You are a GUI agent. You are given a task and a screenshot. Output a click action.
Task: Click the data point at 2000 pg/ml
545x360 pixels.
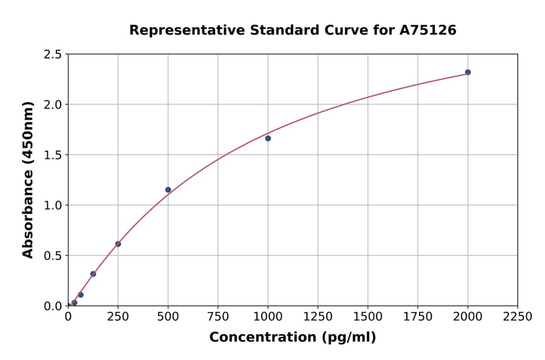point(467,72)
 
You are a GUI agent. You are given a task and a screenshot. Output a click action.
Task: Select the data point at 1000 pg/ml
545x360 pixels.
point(268,138)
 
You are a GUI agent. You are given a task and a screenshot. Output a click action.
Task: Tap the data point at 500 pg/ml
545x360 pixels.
point(168,190)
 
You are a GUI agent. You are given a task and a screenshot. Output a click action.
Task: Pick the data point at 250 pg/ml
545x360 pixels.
point(118,244)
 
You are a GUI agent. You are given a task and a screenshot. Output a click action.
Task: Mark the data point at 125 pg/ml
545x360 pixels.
point(93,274)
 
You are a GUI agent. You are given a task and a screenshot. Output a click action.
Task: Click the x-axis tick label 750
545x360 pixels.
point(218,317)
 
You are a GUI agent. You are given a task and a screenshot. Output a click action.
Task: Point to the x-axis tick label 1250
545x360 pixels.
point(318,317)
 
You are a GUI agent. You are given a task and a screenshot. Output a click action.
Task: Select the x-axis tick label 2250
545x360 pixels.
point(518,317)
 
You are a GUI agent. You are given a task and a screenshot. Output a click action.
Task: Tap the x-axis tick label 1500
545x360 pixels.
point(368,317)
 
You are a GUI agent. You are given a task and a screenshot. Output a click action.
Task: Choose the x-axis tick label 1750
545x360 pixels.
point(418,317)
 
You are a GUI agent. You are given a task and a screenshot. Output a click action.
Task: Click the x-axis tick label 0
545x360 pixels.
point(68,317)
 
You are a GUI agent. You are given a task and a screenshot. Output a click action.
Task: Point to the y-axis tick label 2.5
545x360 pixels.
point(53,55)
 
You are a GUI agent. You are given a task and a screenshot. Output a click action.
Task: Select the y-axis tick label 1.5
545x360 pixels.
point(53,155)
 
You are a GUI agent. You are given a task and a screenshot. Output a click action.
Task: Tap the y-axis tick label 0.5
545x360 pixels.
point(53,256)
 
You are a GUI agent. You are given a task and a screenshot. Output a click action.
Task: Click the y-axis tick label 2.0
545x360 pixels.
point(53,105)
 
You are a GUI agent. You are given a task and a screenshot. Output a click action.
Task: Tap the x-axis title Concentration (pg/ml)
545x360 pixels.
point(292,338)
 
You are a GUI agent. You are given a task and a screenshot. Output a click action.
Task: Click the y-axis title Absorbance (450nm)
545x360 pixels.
point(28,179)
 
